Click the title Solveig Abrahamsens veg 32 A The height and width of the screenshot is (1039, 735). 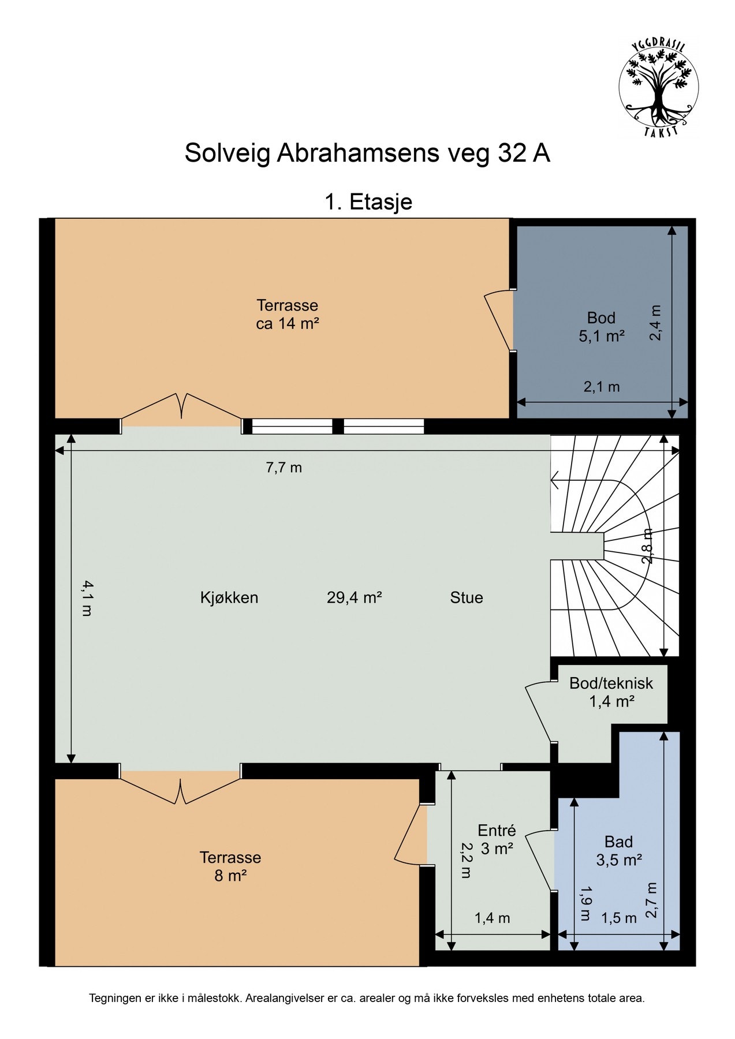pyautogui.click(x=367, y=154)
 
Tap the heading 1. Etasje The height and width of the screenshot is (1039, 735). pyautogui.click(x=368, y=202)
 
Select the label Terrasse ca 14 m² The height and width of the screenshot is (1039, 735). pyautogui.click(x=288, y=314)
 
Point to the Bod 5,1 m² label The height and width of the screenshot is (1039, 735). pyautogui.click(x=602, y=326)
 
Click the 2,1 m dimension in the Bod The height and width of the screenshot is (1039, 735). pyautogui.click(x=602, y=387)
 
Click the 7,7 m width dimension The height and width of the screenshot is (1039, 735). pyautogui.click(x=283, y=468)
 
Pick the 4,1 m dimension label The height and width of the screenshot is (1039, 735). pyautogui.click(x=86, y=598)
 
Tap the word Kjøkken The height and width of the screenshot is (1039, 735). pyautogui.click(x=229, y=597)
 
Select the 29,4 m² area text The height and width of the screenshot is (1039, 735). pyautogui.click(x=355, y=597)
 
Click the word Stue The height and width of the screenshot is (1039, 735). pyautogui.click(x=467, y=597)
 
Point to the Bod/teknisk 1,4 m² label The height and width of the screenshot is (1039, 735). pyautogui.click(x=611, y=692)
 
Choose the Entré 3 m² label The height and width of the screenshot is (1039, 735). pyautogui.click(x=497, y=839)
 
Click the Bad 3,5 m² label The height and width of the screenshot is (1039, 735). pyautogui.click(x=619, y=851)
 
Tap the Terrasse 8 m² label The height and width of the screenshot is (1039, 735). pyautogui.click(x=230, y=866)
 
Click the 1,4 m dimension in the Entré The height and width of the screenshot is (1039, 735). pyautogui.click(x=493, y=918)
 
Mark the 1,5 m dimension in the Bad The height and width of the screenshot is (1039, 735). pyautogui.click(x=619, y=918)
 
